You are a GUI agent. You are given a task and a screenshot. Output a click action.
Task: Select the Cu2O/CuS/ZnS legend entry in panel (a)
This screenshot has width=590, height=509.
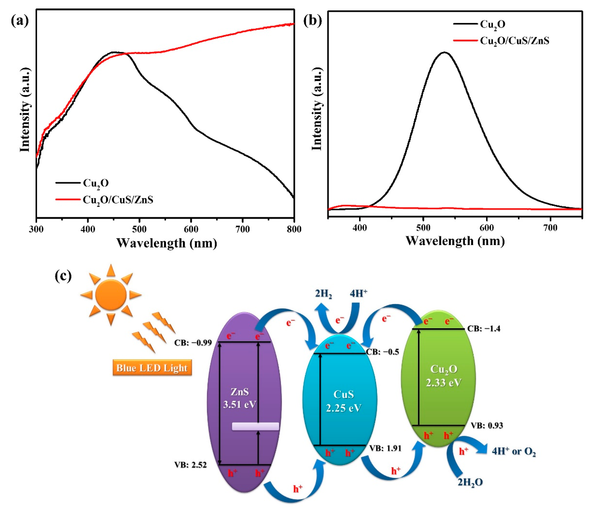click(x=118, y=200)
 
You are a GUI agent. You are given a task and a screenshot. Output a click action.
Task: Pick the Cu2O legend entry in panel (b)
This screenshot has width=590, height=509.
click(x=493, y=24)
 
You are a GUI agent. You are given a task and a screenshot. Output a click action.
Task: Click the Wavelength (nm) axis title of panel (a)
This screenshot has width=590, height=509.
click(x=167, y=243)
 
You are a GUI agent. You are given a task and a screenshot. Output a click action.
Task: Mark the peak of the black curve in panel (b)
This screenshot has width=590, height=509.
click(x=444, y=52)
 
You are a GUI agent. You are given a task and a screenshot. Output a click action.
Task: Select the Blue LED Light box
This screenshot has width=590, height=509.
click(x=152, y=368)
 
